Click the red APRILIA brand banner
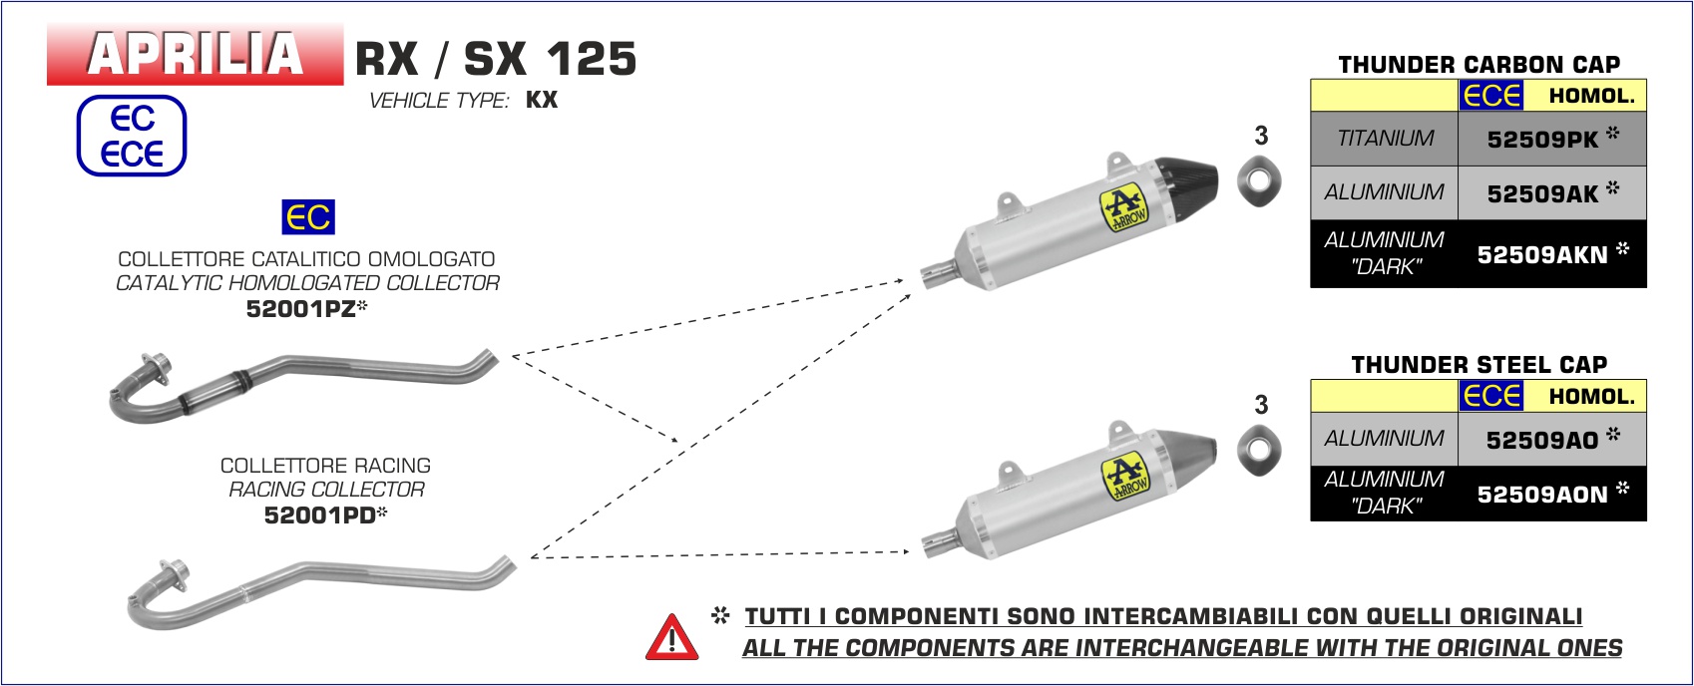196,54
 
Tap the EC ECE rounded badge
132,136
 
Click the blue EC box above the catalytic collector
308,217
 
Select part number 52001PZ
306,308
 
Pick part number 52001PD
325,514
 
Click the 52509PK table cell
1551,139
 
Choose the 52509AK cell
1551,193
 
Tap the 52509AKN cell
1551,254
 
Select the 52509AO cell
1551,439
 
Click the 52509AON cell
1551,494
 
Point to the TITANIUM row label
1385,139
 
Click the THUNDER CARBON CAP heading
1480,64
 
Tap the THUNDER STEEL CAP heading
1480,365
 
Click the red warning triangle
671,638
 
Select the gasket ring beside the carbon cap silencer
1259,181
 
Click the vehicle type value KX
542,100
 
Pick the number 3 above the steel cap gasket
1261,405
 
